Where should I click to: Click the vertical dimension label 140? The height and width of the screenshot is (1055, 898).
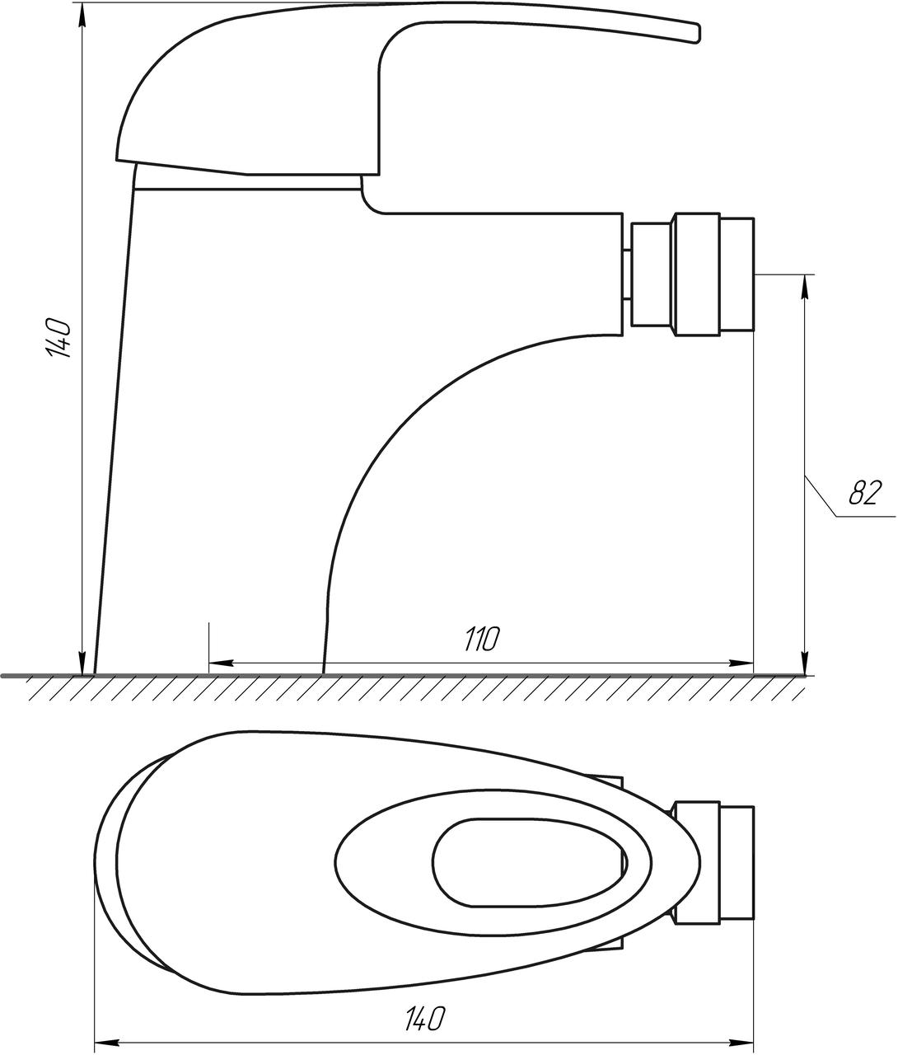(58, 338)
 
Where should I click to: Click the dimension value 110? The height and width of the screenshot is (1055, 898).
(482, 639)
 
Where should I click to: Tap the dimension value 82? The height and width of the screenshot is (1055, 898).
(865, 493)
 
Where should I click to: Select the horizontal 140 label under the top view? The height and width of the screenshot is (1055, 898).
(424, 1005)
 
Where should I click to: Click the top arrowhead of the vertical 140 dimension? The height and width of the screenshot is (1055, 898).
(82, 16)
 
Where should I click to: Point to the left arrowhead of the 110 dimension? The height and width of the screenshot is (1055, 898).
(222, 663)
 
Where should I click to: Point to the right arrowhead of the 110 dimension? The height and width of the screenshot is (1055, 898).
(741, 663)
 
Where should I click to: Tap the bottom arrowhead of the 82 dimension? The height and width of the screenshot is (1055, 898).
(805, 663)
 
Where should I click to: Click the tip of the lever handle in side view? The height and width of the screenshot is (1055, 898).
(698, 34)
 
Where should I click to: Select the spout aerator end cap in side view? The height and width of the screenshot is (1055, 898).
(737, 275)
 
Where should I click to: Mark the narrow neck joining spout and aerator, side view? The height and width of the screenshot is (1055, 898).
(627, 275)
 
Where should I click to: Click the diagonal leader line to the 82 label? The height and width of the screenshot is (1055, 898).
(821, 495)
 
